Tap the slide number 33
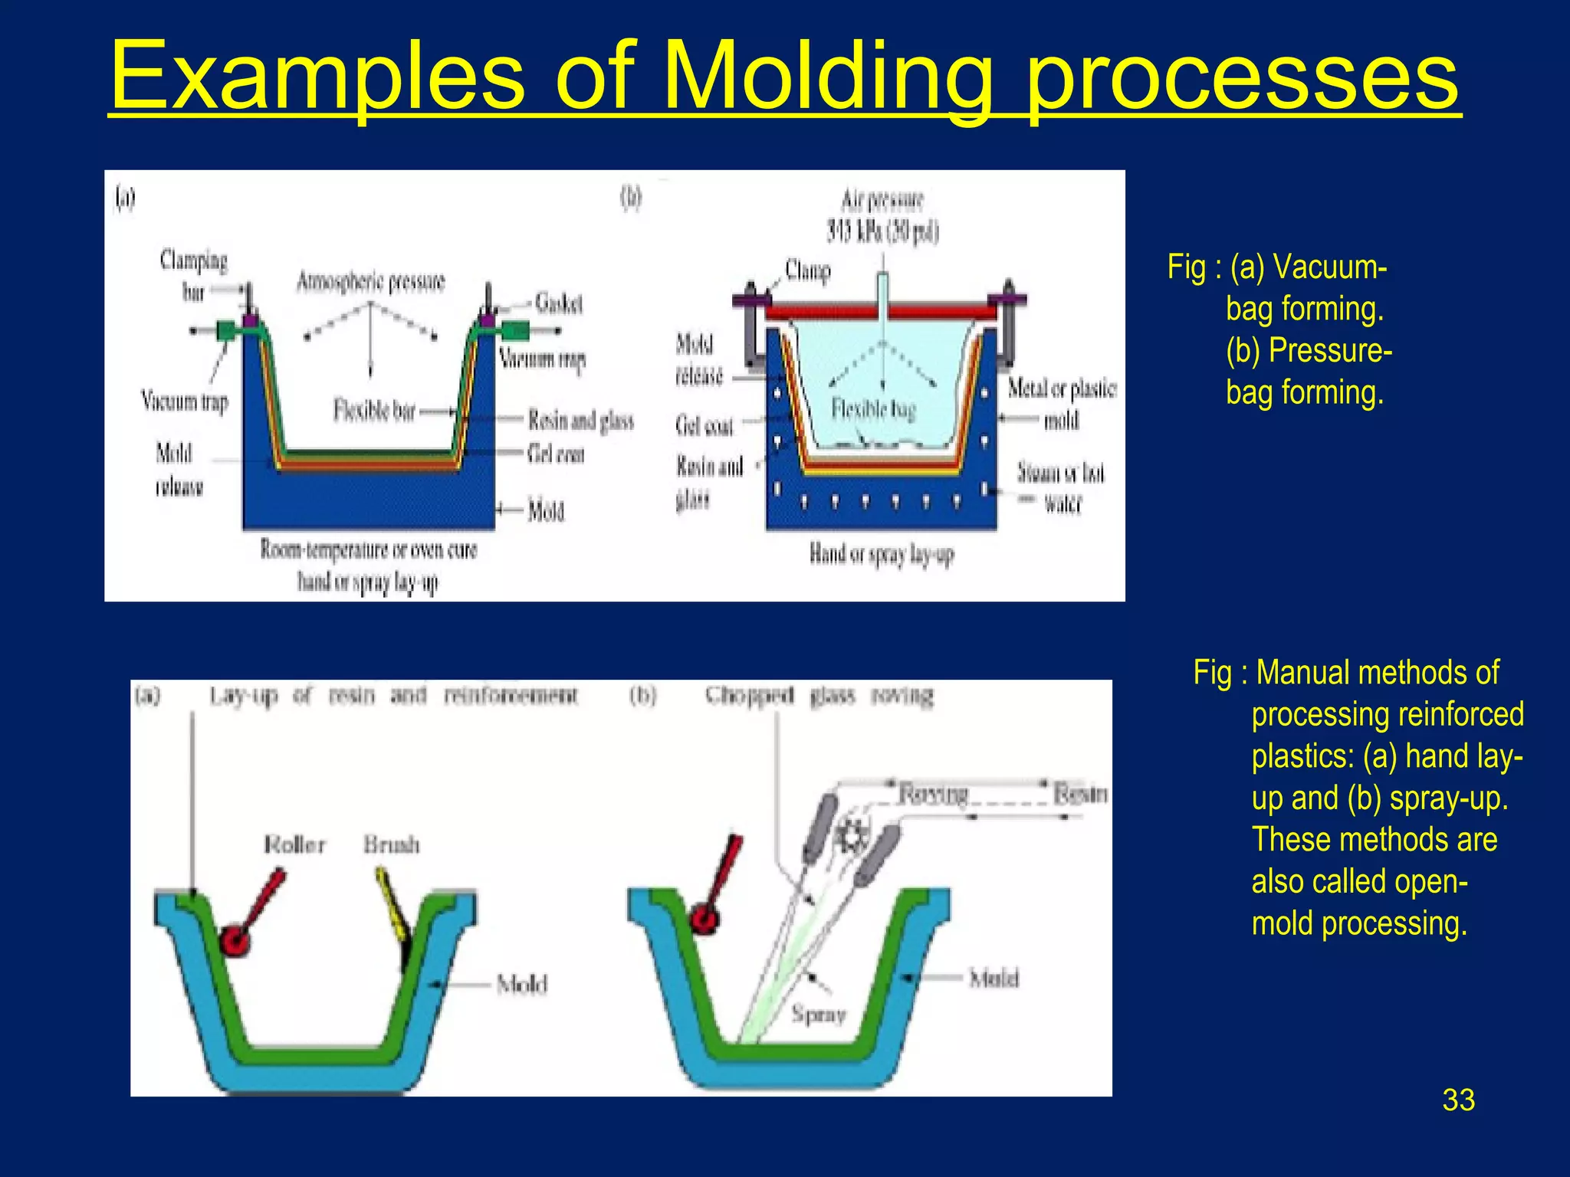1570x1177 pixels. pos(1457,1100)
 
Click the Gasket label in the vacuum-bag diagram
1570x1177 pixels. pos(558,303)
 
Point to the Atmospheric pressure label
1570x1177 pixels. pos(370,282)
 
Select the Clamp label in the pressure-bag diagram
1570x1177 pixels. pos(807,270)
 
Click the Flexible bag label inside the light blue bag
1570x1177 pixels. pos(873,409)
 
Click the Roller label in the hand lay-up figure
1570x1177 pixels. pos(294,844)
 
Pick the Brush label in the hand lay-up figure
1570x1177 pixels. pos(392,844)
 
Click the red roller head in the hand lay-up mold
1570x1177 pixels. pos(235,940)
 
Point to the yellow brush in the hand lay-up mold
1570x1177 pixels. pos(392,904)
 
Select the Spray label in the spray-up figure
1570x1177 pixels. pos(818,1015)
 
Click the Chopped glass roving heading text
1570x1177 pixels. pos(819,696)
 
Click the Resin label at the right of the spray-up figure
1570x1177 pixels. pos(1079,794)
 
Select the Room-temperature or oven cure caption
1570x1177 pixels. pos(368,550)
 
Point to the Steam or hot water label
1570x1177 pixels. pos(1061,487)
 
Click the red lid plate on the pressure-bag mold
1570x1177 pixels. pos(882,311)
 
